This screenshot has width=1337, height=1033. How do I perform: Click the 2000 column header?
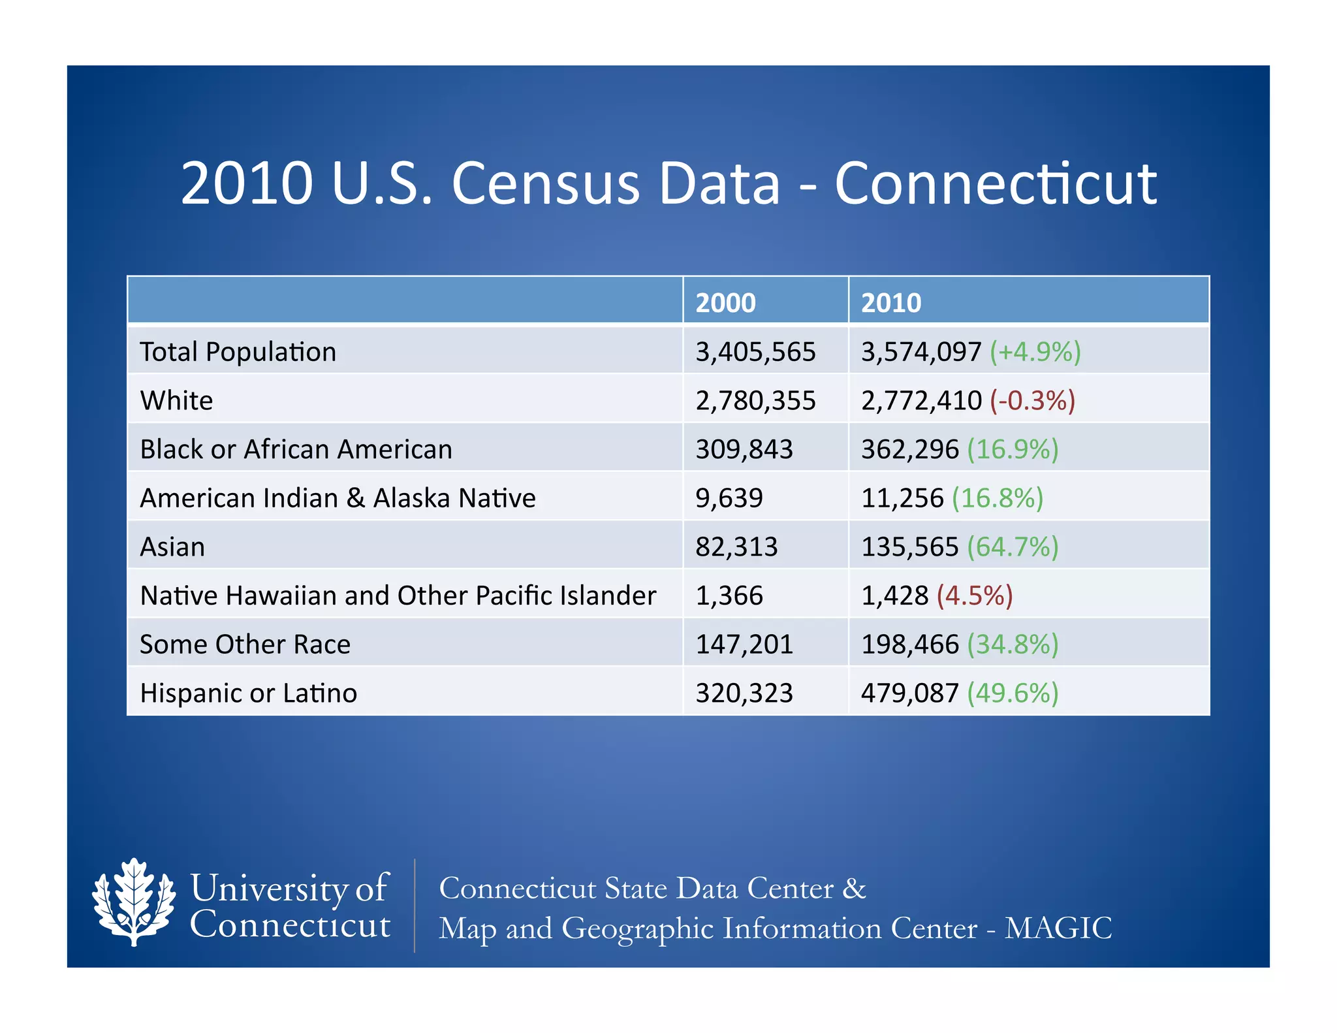point(725,303)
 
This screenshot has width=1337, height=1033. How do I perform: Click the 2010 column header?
point(890,303)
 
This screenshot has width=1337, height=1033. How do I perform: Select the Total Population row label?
point(238,352)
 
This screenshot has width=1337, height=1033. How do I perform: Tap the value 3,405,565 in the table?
point(755,352)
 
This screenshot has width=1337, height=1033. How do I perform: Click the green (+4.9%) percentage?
point(1035,352)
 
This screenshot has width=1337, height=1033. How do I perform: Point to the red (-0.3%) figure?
point(1032,400)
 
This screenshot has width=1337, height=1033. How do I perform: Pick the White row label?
point(176,400)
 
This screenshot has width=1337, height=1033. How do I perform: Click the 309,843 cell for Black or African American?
point(744,449)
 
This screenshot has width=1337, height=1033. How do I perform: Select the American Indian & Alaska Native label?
point(338,498)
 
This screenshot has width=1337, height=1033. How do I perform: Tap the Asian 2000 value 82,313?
point(736,547)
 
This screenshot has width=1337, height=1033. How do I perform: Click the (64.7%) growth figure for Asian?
point(1013,547)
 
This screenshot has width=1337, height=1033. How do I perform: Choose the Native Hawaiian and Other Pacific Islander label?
point(398,596)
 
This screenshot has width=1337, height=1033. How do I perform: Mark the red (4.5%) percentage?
point(975,596)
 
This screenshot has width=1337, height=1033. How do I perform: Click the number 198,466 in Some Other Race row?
point(910,644)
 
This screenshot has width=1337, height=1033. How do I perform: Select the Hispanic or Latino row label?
point(248,693)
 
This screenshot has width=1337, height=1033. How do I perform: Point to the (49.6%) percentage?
point(1013,693)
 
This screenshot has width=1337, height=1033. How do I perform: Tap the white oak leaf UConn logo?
point(134,902)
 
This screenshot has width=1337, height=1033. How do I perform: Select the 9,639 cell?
point(729,498)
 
